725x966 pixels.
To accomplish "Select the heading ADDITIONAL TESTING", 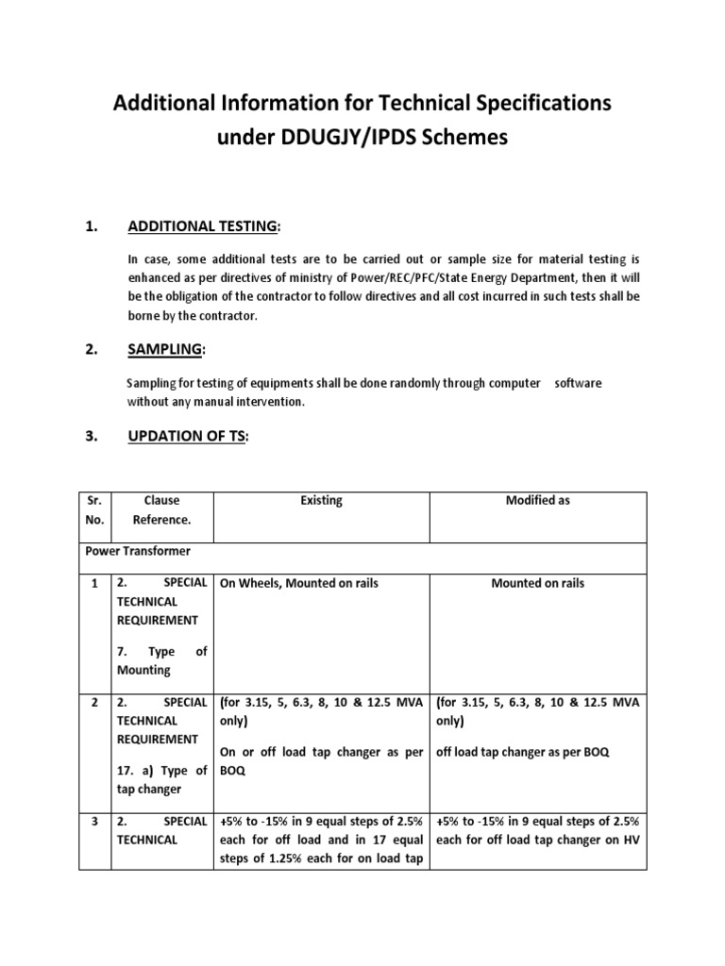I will (x=201, y=226).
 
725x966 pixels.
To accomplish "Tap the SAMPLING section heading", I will (x=164, y=349).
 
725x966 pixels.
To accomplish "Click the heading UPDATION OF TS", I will (x=186, y=438).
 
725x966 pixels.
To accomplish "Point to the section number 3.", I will (x=92, y=438).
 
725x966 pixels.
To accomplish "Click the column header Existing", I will (x=322, y=500).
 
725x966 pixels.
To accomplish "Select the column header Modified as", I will (x=537, y=500).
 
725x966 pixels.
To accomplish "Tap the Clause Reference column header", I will (x=161, y=509).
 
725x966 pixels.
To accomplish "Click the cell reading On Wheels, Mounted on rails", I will (x=298, y=583).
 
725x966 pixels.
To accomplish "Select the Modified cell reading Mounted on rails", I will (x=537, y=583).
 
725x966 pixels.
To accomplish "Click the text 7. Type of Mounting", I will (x=161, y=660).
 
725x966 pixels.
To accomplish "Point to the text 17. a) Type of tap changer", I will (x=161, y=779).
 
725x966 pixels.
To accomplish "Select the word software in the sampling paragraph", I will (x=578, y=383).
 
